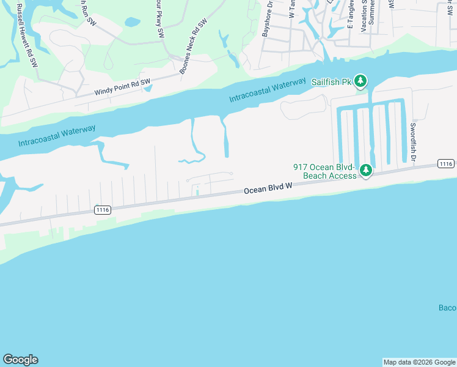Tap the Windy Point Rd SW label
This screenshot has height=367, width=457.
pos(122,87)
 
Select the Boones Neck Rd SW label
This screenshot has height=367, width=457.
pos(194,46)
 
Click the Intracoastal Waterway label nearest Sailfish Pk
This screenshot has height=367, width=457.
pos(268,91)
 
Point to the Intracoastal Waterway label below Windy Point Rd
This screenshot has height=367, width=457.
pos(57,135)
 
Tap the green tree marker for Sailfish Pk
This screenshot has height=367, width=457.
pos(361,81)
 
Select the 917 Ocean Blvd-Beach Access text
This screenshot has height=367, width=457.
pos(324,171)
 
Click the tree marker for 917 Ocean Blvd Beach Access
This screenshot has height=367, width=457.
pos(365,170)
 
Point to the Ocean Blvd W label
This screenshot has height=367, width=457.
pos(267,190)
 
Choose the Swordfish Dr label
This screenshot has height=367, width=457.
pos(414,142)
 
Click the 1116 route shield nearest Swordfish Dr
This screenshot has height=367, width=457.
pos(445,163)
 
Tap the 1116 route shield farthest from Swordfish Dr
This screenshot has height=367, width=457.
pos(102,210)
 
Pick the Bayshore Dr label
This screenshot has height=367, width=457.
pos(266,19)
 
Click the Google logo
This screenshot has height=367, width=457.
pos(20,360)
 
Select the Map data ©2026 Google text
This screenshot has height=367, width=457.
pos(419,362)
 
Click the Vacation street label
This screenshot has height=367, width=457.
pos(365,15)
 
